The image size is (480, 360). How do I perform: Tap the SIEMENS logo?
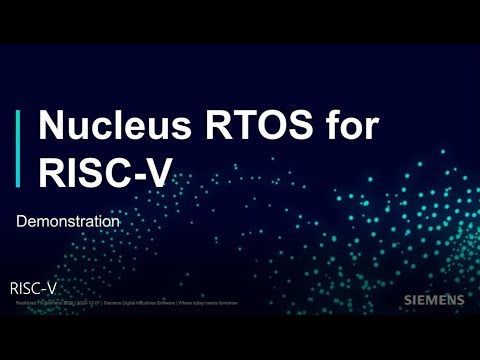tap(433, 299)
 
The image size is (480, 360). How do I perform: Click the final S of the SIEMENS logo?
tap(459, 299)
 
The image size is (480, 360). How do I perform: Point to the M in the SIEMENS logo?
tap(432, 299)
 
